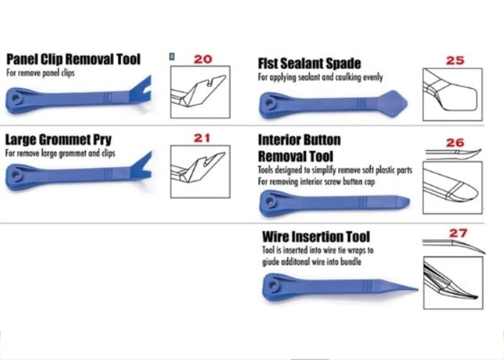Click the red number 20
point(203,59)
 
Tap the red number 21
point(202,138)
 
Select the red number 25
point(455,60)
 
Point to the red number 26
point(455,143)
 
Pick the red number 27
point(458,233)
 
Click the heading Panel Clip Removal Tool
point(73,60)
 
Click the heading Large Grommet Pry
point(58,140)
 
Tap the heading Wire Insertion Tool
point(316,237)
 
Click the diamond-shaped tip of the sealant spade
point(393,104)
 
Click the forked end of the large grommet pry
point(141,167)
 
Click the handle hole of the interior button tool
point(270,202)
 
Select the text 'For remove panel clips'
point(40,73)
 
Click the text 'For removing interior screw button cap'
point(316,182)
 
